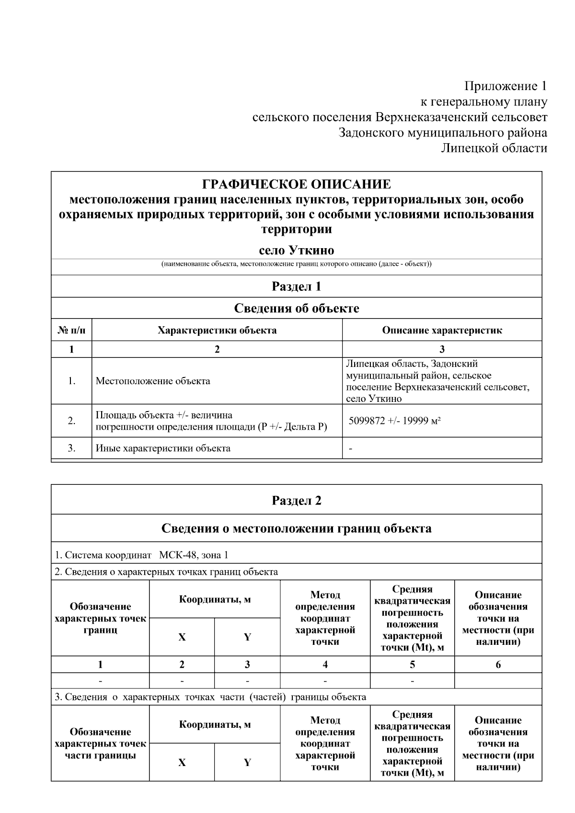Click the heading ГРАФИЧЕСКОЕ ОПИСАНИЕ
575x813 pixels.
[x=296, y=184]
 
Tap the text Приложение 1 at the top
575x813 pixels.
[x=505, y=86]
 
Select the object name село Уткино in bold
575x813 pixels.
[x=296, y=251]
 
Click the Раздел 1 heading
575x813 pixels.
[x=296, y=286]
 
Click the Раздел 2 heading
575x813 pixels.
[x=296, y=501]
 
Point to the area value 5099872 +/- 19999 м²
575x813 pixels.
[x=395, y=421]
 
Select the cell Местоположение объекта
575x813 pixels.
[x=153, y=381]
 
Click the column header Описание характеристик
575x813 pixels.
[x=442, y=330]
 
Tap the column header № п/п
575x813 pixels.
[x=71, y=330]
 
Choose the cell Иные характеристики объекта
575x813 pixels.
[x=163, y=448]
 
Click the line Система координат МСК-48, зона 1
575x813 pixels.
[x=142, y=555]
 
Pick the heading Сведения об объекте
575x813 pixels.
[x=296, y=309]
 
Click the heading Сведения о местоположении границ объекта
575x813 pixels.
[x=296, y=528]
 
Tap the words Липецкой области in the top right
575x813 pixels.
[x=494, y=148]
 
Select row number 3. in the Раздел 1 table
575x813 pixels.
[x=71, y=448]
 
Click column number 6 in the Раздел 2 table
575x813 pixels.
[x=498, y=664]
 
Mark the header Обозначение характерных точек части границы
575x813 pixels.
[x=101, y=744]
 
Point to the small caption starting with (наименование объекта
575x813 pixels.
[x=296, y=264]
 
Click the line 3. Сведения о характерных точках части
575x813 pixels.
[x=211, y=697]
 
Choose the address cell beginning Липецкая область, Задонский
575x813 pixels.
[x=437, y=381]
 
